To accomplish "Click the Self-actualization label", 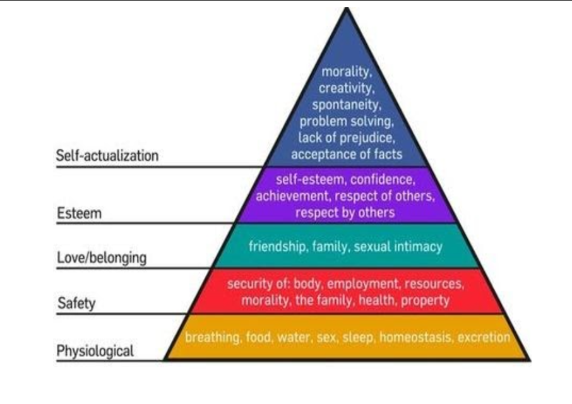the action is [x=107, y=156].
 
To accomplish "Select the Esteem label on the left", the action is [x=79, y=213].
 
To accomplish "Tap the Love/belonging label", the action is [x=102, y=258].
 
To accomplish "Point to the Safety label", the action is [x=76, y=303].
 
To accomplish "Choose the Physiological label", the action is [x=95, y=351].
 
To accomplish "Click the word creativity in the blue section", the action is [x=347, y=88].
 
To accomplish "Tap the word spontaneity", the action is [x=347, y=105].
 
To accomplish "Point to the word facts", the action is [x=388, y=154].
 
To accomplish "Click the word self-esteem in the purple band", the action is [x=309, y=179].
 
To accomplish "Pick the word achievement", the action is [x=292, y=196].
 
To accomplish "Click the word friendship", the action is [x=278, y=246].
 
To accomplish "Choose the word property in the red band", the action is [x=425, y=300].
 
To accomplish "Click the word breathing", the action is [x=213, y=337].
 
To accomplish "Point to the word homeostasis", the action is [x=415, y=337].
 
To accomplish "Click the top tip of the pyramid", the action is [x=347, y=8].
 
